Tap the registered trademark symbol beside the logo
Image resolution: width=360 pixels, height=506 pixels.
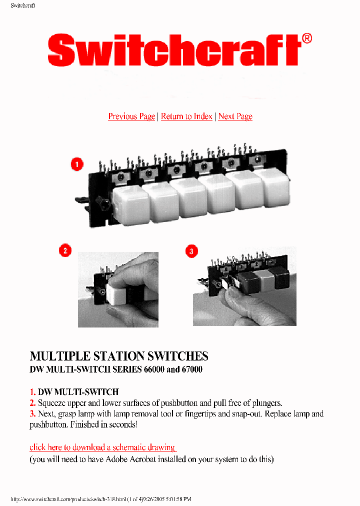307,39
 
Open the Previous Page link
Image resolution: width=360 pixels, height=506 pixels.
131,116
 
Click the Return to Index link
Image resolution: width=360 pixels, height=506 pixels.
186,116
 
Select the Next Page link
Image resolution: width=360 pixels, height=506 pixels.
235,116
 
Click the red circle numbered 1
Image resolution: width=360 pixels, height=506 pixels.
76,164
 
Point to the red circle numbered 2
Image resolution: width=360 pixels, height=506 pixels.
65,250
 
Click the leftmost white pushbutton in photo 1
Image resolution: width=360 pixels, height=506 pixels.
131,204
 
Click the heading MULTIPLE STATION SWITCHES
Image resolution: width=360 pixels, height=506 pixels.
119,356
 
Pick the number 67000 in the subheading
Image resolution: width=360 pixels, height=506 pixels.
190,371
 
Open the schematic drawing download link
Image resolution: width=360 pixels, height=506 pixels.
102,447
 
